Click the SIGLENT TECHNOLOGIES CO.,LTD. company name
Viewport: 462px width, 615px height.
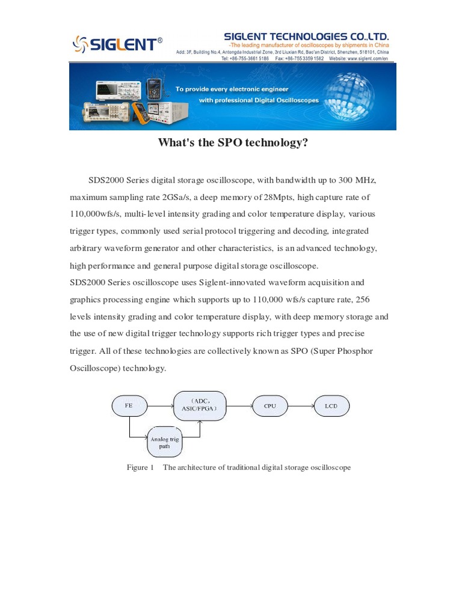[306, 37]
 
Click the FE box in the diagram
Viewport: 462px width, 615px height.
[129, 406]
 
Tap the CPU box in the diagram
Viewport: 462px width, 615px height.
[270, 406]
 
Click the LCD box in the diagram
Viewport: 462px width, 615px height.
[331, 406]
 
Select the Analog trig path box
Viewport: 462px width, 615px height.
[164, 443]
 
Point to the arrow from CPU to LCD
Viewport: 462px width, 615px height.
[301, 406]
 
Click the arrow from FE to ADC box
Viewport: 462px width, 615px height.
[160, 406]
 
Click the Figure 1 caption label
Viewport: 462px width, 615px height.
[140, 467]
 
